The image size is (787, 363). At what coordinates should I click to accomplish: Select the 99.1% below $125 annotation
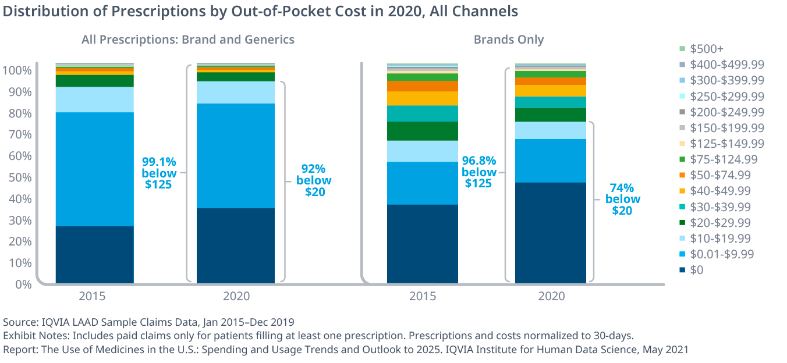159,173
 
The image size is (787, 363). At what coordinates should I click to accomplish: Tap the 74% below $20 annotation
622,199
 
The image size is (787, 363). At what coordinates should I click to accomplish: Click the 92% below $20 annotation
314,180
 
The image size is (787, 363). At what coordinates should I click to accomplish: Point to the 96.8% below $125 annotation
479,172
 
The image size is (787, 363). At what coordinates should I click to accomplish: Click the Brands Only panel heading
508,40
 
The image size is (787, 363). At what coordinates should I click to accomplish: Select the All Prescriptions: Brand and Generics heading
187,40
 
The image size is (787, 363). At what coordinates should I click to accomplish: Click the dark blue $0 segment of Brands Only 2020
551,233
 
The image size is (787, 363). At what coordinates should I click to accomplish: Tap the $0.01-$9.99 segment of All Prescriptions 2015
94,169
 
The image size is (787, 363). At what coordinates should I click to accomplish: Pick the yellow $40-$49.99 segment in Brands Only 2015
423,98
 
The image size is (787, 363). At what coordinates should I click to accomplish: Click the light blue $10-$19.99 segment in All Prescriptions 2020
236,92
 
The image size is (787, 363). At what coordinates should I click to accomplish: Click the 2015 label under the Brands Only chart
423,296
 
